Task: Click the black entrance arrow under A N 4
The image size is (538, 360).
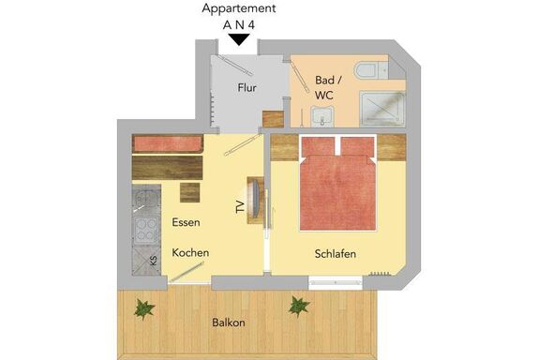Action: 239,39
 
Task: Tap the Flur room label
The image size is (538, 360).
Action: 247,88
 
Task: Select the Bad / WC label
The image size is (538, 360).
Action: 328,87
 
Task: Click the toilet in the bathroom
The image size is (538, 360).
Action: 370,70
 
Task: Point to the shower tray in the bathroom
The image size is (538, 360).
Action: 382,109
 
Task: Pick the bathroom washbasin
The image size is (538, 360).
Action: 322,116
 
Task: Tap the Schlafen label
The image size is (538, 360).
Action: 336,254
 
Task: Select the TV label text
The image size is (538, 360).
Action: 241,207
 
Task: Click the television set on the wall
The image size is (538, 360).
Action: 256,200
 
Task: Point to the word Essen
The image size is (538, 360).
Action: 186,222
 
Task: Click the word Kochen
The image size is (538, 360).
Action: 190,253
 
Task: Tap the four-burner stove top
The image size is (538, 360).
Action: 146,230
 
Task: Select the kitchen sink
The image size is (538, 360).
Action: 146,199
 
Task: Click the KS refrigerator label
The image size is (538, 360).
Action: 154,260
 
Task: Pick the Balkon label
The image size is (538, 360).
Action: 229,322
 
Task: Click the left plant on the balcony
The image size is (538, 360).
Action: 144,308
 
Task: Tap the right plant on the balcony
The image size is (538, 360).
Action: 298,307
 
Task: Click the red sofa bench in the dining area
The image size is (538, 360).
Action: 168,144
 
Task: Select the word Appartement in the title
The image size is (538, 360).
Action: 239,9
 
